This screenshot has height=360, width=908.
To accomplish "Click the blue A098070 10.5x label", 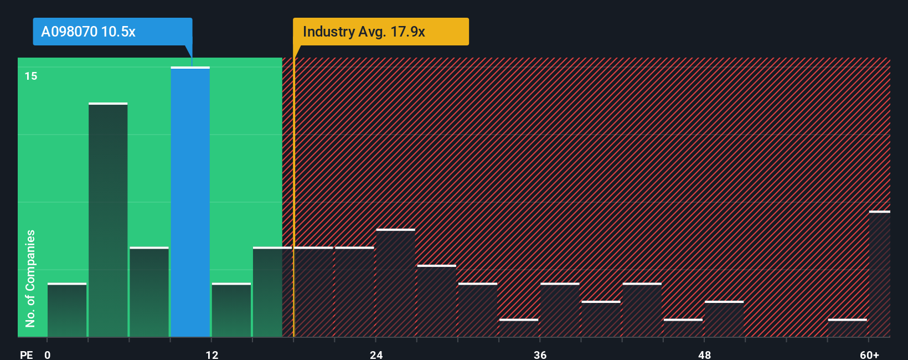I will (x=112, y=32).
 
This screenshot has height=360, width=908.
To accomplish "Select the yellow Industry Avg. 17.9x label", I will (x=380, y=32).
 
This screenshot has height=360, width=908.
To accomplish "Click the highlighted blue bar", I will (x=190, y=202).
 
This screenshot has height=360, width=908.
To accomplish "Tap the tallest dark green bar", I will (x=108, y=220).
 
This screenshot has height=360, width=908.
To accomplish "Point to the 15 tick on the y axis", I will (x=31, y=76).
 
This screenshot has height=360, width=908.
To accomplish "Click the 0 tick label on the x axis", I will (x=48, y=354).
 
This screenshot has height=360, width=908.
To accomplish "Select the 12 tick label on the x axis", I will (x=212, y=354).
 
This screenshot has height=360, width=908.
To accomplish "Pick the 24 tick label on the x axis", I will (x=376, y=354).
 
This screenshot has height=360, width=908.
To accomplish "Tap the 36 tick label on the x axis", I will (x=540, y=354).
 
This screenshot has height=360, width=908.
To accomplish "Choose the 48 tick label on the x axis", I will (x=704, y=354).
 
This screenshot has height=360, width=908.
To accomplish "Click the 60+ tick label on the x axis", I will (x=869, y=354).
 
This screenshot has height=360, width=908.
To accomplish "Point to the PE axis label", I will (x=26, y=354).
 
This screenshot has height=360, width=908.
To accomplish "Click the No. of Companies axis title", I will (x=30, y=278).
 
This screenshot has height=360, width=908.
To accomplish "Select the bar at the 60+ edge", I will (x=879, y=274).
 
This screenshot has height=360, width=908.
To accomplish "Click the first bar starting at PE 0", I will (x=67, y=310).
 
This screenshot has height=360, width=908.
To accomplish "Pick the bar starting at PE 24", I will (x=395, y=283).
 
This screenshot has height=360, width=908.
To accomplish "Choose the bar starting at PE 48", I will (x=724, y=319).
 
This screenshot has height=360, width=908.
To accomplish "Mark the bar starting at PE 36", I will (x=560, y=310).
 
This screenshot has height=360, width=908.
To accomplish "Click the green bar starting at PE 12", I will (x=231, y=310).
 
